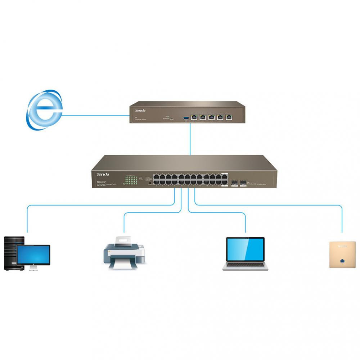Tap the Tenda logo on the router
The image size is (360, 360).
point(140,110)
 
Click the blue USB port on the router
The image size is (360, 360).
point(186,117)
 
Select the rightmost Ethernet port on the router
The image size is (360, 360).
point(229,117)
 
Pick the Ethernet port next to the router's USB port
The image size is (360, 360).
point(194,117)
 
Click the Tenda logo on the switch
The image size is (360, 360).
point(103,175)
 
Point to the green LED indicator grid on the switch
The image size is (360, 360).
point(131,180)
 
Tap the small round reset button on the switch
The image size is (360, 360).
point(149,183)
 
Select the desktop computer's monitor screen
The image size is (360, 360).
point(33,254)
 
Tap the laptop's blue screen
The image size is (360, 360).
point(245,249)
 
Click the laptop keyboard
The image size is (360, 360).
point(245,265)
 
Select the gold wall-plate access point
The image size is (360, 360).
point(342,255)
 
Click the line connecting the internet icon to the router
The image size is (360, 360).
point(95,116)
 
